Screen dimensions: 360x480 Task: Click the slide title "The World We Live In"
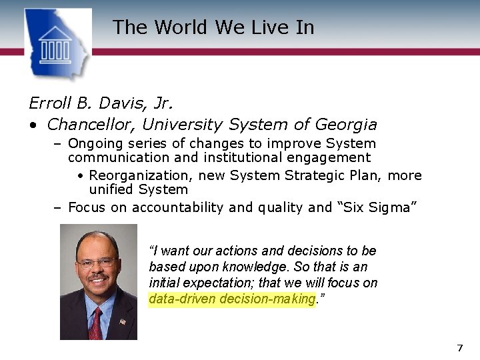213,27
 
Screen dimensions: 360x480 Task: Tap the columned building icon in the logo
55,45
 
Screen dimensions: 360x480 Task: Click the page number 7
459,348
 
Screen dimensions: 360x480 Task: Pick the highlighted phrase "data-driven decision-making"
231,299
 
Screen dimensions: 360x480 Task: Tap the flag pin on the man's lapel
123,321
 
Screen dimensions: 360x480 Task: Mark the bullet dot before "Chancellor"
32,125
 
